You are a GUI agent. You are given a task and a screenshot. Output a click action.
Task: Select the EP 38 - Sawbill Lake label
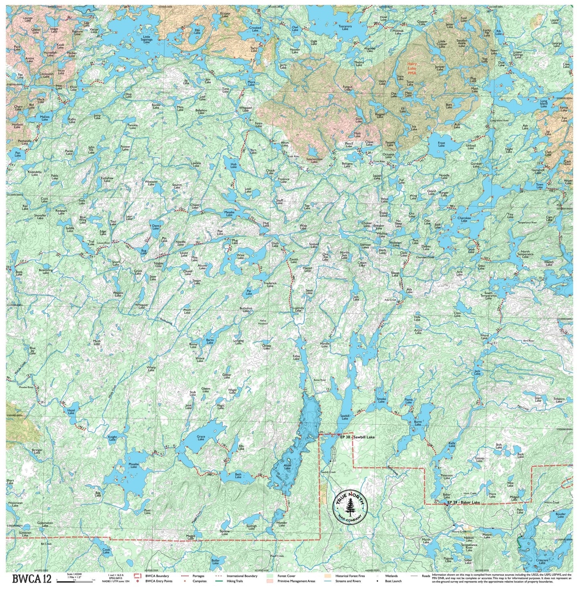point(357,437)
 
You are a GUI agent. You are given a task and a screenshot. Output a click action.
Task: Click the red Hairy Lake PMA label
point(412,69)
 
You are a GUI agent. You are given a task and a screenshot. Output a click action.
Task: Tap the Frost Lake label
point(441,144)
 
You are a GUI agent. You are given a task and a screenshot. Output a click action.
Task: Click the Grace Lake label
point(201,438)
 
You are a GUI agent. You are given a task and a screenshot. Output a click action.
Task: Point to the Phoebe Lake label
point(133,466)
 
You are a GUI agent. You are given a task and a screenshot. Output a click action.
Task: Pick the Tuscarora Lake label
point(345,28)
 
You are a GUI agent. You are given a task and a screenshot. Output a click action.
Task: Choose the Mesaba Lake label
point(229,214)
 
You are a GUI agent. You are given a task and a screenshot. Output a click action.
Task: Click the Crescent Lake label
point(542,561)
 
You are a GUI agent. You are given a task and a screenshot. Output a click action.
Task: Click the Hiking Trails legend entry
point(234,581)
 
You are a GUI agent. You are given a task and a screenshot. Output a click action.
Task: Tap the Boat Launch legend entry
point(393,581)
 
